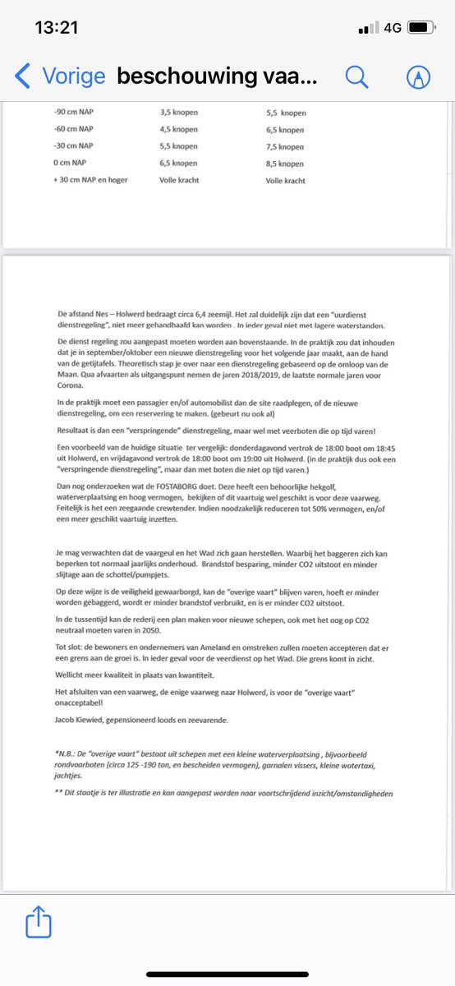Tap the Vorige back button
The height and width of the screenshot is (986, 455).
61,76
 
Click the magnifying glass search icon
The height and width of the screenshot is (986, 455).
356,76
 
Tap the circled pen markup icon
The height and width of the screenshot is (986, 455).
419,76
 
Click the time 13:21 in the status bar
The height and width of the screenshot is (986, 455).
57,27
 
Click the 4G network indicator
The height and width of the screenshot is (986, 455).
392,27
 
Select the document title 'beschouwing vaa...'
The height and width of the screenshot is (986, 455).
216,76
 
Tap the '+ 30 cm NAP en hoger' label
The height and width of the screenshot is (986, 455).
89,180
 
